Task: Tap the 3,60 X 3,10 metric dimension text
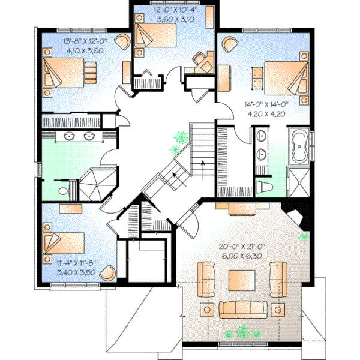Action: pyautogui.click(x=173, y=19)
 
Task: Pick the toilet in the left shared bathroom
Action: pyautogui.click(x=65, y=190)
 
